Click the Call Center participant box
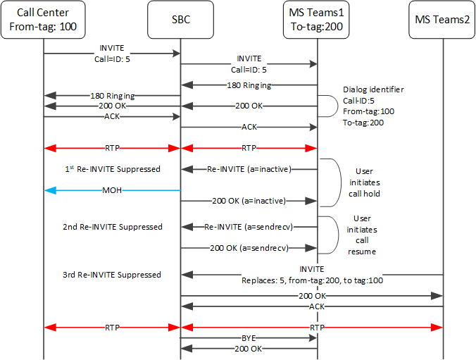[x=43, y=20]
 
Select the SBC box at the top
[x=180, y=20]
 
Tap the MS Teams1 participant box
[x=316, y=20]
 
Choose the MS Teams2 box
[x=443, y=20]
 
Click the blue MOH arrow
[x=112, y=190]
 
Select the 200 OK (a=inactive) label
[x=249, y=201]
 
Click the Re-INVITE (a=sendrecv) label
[x=249, y=227]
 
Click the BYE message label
[x=249, y=337]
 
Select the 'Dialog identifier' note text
[x=373, y=90]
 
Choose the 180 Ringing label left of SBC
[x=112, y=95]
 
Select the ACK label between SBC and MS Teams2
[x=311, y=306]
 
